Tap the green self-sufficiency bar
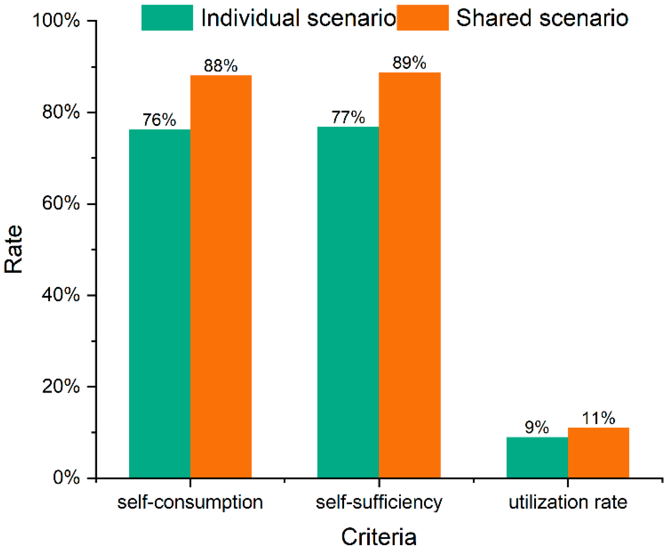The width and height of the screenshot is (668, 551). (x=348, y=302)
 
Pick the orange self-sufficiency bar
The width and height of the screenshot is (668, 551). (x=409, y=275)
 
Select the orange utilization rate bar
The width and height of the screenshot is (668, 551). (x=598, y=453)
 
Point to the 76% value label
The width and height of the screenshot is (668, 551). (x=159, y=120)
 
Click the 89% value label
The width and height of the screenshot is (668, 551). (x=409, y=62)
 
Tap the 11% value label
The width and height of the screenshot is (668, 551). (x=598, y=418)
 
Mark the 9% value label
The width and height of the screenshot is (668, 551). (x=537, y=427)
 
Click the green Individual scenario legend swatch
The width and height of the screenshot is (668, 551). (x=167, y=18)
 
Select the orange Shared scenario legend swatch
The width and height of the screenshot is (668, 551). (x=422, y=18)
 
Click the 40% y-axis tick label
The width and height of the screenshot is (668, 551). (x=61, y=295)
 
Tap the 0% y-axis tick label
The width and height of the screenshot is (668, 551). (x=66, y=478)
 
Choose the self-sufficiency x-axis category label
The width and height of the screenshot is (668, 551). (x=379, y=502)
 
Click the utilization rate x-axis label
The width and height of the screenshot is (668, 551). (x=568, y=502)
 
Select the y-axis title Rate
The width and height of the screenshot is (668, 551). (x=14, y=249)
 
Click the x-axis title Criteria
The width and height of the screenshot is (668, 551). (x=379, y=537)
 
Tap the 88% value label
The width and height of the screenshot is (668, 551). (x=221, y=66)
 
